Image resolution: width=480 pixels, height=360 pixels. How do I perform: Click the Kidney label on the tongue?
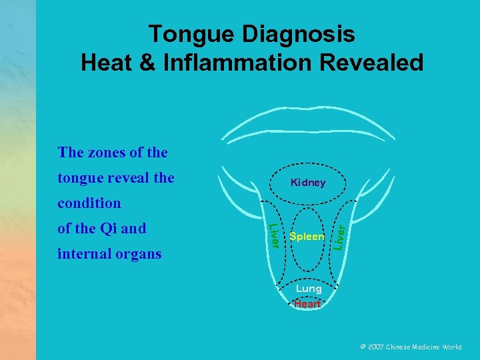coord(307,183)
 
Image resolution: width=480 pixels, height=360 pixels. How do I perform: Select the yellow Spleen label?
coord(307,237)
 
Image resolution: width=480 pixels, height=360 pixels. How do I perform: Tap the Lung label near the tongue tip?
coord(309,289)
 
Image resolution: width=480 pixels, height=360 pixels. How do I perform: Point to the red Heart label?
coord(307,303)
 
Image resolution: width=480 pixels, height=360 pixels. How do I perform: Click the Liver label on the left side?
coord(273,235)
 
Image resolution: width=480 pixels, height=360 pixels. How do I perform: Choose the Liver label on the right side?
coord(339,237)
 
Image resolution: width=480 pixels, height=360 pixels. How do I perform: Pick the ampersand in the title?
coord(148,63)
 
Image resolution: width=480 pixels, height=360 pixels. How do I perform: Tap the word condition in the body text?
coord(89,203)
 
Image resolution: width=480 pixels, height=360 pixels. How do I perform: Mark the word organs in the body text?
coord(138,254)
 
